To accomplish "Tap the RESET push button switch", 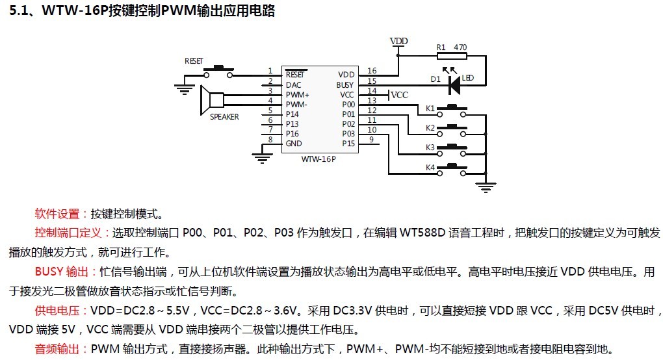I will pos(219,68).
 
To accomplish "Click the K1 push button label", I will pos(430,108).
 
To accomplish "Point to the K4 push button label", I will pos(430,168).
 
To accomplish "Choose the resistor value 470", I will pos(460,47).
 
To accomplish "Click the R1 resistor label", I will pos(441,47).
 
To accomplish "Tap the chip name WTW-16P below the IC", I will pos(318,159).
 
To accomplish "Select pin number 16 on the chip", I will pos(372,71).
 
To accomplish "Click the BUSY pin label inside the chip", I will pos(345,84).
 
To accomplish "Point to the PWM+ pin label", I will pos(297,94).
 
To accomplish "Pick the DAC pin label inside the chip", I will pos(293,84).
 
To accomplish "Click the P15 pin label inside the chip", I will pos(348,143).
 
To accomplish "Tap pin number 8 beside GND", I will pos(270,140).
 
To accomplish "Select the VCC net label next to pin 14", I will pos(399,95).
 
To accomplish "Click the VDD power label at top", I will pos(398,41).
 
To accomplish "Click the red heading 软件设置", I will pos(61,213).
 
